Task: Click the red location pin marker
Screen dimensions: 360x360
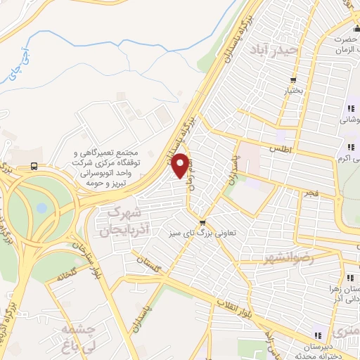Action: [x=182, y=165]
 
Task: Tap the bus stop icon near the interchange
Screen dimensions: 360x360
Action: [x=34, y=166]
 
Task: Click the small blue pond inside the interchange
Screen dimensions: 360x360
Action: [x=41, y=208]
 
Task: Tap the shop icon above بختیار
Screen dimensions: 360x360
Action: [x=293, y=79]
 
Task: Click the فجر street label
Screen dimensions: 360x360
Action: [x=310, y=192]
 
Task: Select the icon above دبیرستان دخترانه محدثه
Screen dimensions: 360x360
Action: [x=317, y=335]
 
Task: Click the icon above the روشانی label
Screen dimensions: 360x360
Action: [x=349, y=108]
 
